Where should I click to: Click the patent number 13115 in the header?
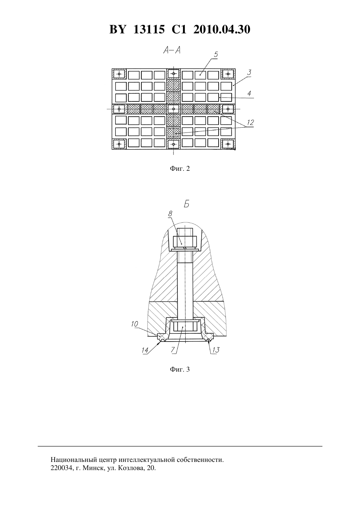pyautogui.click(x=149, y=29)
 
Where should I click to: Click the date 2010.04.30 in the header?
pyautogui.click(x=222, y=29)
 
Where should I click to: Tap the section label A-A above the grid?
pyautogui.click(x=172, y=50)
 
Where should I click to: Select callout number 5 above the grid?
pyautogui.click(x=216, y=55)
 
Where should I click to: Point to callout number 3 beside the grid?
pyautogui.click(x=249, y=73)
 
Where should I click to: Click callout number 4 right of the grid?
pyautogui.click(x=249, y=93)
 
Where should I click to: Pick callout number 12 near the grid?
pyautogui.click(x=250, y=123)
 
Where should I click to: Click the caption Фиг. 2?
pyautogui.click(x=180, y=168)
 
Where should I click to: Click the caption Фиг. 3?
pyautogui.click(x=180, y=369)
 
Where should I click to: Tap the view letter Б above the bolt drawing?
pyautogui.click(x=186, y=204)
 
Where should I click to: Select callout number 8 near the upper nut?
pyautogui.click(x=170, y=214)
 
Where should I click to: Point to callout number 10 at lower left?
pyautogui.click(x=135, y=324)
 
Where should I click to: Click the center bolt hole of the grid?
pyautogui.click(x=174, y=109)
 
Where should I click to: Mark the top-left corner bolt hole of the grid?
pyautogui.click(x=119, y=74)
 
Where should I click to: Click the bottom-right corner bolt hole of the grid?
pyautogui.click(x=228, y=144)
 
